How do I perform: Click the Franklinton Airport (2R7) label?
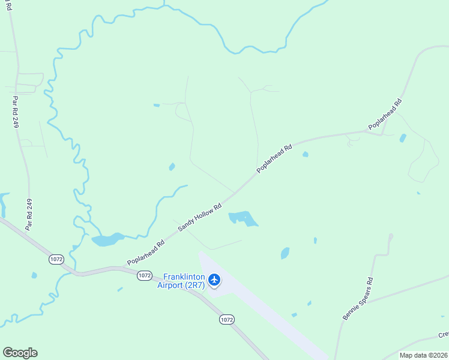[181, 282]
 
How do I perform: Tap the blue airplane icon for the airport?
[215, 280]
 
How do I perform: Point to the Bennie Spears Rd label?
[358, 298]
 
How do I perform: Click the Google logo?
[20, 353]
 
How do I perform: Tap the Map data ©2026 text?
[423, 355]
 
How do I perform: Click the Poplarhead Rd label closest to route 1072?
[145, 254]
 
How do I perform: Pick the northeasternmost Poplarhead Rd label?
[385, 115]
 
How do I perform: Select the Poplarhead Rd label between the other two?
[274, 158]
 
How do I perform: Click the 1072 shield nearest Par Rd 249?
[56, 259]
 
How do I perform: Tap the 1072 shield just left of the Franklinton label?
[144, 275]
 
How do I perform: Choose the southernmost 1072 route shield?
[226, 320]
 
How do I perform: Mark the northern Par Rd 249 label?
[15, 113]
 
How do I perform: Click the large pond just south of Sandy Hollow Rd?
[243, 218]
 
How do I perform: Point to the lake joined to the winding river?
[107, 240]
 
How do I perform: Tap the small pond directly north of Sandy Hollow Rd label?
[172, 167]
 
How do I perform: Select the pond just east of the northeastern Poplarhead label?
[403, 138]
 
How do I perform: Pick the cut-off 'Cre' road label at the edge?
[442, 334]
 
